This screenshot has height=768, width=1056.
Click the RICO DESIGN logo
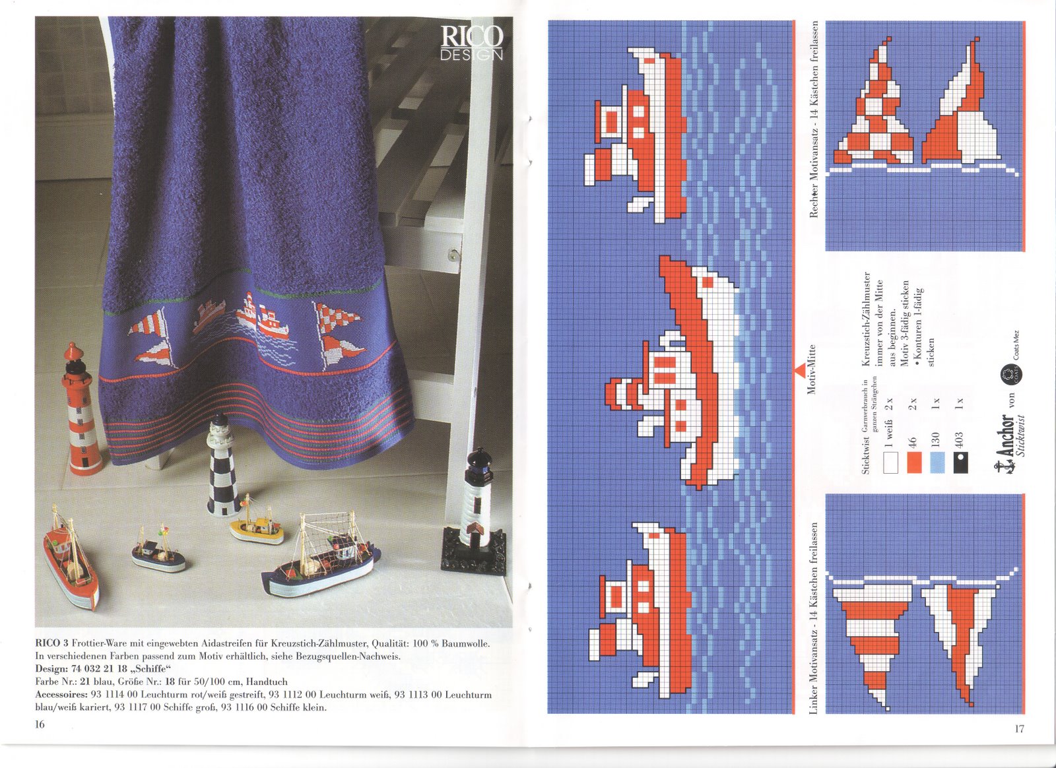[472, 43]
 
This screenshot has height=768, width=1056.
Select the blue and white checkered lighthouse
[222, 466]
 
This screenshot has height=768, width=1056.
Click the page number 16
[40, 724]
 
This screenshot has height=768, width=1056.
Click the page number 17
[1019, 729]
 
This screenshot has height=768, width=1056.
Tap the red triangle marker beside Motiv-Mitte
[800, 371]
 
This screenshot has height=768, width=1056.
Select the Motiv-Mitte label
[812, 369]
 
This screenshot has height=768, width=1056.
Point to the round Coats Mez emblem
[1008, 375]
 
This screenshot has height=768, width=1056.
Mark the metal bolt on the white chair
[454, 253]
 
